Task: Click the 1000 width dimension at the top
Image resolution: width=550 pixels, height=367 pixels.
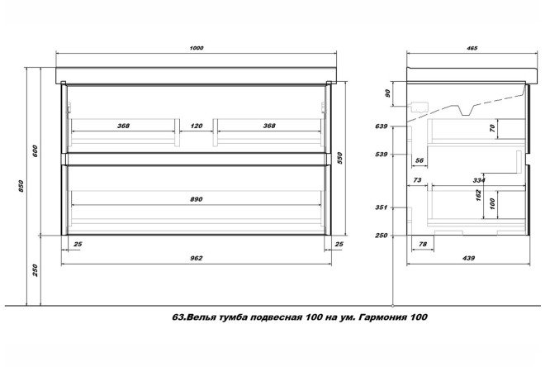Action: [196, 48]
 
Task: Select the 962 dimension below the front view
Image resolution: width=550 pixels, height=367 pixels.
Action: [196, 260]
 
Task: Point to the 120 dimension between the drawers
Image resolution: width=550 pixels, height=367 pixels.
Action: [197, 126]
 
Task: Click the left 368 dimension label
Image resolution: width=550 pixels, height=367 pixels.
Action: [123, 126]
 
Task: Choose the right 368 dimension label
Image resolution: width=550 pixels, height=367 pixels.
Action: [268, 126]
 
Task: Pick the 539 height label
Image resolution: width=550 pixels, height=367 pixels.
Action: [381, 154]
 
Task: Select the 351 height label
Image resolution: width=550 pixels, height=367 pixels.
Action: [381, 208]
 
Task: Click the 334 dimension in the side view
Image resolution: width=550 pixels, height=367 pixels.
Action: [477, 179]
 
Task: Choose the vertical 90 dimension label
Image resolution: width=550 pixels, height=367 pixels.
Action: [388, 93]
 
